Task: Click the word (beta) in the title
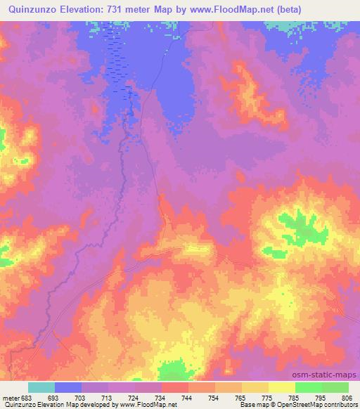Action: click(x=335, y=8)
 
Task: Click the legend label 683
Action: click(x=26, y=398)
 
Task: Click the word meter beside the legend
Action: click(x=9, y=398)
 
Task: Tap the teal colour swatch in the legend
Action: click(x=41, y=387)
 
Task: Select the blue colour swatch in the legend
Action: click(x=68, y=387)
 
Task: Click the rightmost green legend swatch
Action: click(x=335, y=387)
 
